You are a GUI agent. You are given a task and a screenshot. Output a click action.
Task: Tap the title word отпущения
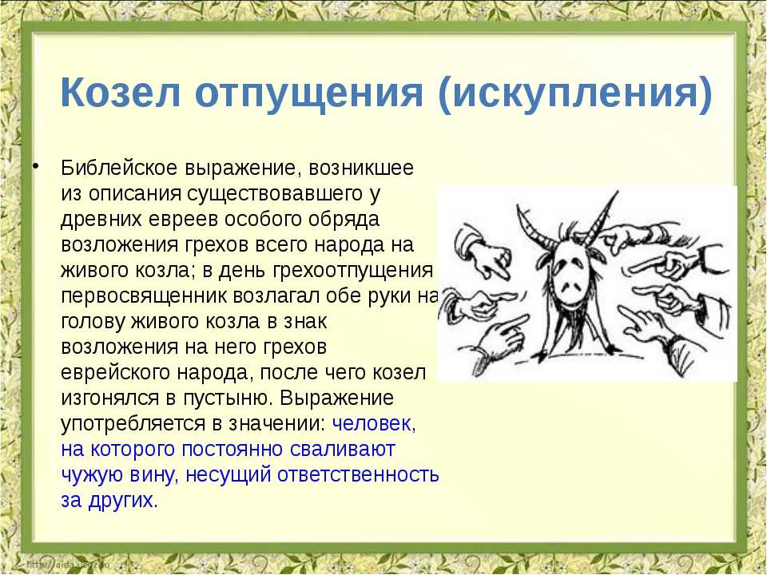coord(308,93)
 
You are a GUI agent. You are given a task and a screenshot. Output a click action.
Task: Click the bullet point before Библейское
coord(35,167)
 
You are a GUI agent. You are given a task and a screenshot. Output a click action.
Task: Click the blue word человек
coord(372,423)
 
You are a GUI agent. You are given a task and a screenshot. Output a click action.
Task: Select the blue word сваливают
coord(342,450)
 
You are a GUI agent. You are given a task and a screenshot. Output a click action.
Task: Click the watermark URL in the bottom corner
coord(69,565)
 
